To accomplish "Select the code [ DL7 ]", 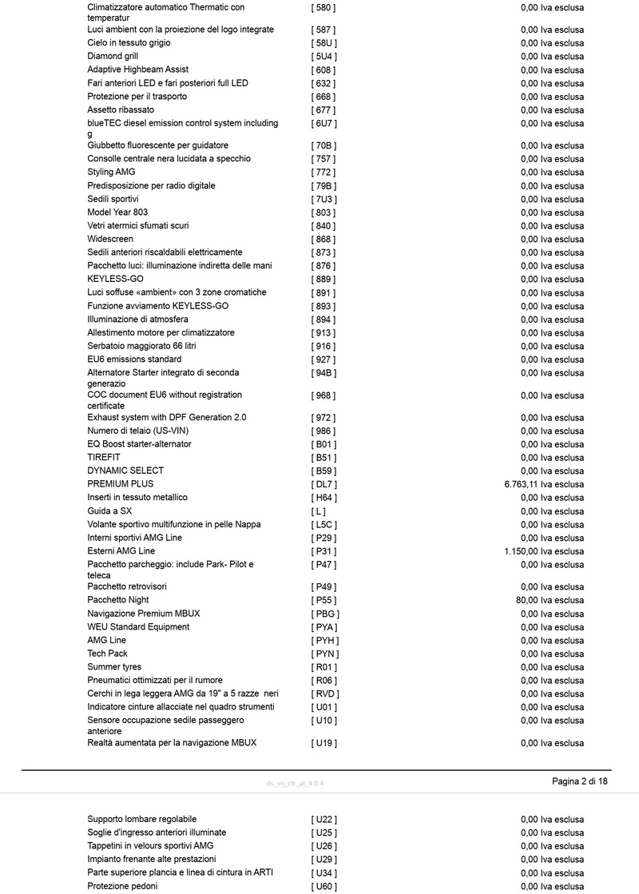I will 323,484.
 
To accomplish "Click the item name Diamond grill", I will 113,56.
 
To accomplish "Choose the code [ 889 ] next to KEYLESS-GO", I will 323,279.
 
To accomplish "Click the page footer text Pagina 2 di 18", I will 580,781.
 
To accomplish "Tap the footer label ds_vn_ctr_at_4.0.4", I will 295,783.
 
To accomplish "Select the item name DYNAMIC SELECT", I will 125,471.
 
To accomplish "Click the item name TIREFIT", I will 104,457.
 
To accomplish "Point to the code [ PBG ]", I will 325,614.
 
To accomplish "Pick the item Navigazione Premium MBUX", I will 144,614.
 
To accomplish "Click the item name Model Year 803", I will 117,212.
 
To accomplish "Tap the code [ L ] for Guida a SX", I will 318,511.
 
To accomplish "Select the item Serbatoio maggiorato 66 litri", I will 141,346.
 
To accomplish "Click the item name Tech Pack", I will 108,654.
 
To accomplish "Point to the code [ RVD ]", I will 324,693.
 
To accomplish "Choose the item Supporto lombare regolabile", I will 141,819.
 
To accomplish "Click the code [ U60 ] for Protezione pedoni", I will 323,886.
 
